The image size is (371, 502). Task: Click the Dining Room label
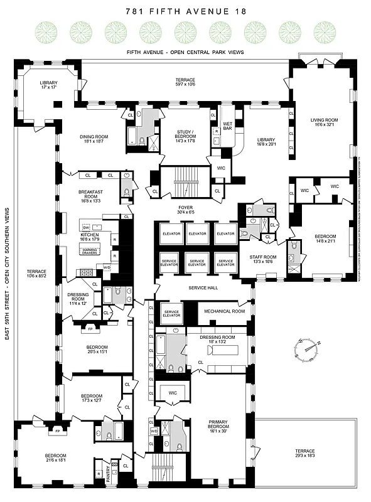point(94,139)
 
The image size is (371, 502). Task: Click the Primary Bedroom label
point(222,425)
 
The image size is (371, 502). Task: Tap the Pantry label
point(108,479)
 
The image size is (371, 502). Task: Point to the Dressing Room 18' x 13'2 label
point(217,339)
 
